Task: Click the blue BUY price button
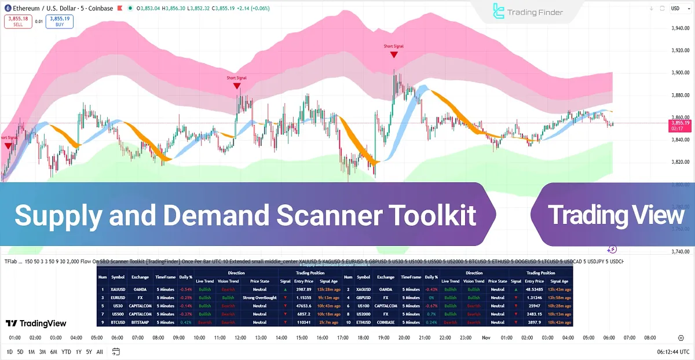coord(60,21)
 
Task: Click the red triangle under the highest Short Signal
coord(394,55)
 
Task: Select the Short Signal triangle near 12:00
coord(237,86)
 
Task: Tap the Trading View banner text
coord(616,215)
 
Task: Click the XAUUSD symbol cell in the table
coord(118,289)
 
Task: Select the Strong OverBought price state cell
coord(259,297)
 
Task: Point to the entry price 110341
coord(303,322)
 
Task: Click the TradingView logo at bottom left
coord(36,324)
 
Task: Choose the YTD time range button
coord(66,352)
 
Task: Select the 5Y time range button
coord(89,352)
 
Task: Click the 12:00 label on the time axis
coord(240,337)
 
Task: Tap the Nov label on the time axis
coord(486,337)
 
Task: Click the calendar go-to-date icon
coord(116,352)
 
